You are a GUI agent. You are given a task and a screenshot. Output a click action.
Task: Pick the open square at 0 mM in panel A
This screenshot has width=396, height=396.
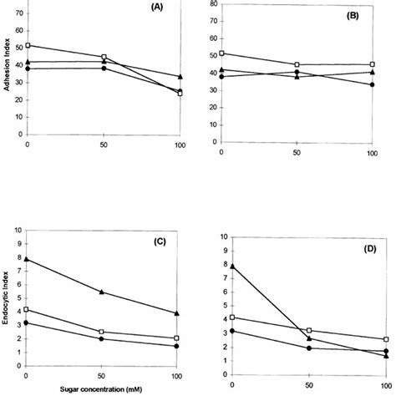[28, 45]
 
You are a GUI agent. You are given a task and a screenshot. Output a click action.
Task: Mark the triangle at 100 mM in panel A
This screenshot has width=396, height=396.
[180, 77]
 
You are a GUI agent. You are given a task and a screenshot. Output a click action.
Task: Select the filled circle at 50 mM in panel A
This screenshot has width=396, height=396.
[104, 69]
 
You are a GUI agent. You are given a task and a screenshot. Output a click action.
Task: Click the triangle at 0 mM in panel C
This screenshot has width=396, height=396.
[28, 259]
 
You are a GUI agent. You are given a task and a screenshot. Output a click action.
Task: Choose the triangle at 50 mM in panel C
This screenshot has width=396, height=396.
[103, 292]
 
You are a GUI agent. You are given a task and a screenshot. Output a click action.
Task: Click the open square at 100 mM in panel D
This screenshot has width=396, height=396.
[385, 340]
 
